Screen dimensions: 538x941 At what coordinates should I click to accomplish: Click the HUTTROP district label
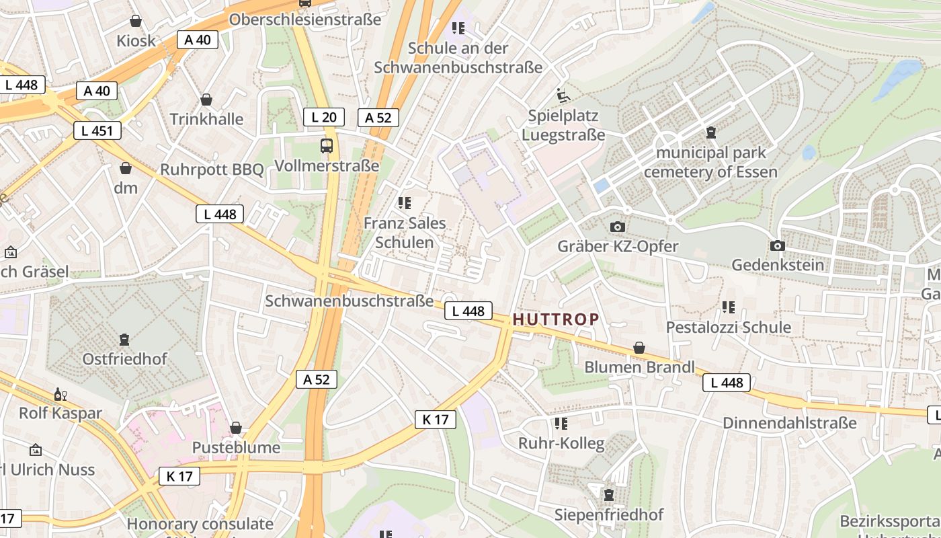[x=555, y=319]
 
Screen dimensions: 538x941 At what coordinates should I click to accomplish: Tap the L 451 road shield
[x=97, y=130]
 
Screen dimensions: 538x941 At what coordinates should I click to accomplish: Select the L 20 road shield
[x=323, y=117]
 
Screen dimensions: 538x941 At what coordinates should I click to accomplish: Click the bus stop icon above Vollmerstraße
[x=327, y=145]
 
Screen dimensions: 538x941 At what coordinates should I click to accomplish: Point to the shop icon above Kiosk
[x=136, y=21]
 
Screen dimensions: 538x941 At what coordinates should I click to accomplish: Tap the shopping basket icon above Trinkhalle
[x=206, y=100]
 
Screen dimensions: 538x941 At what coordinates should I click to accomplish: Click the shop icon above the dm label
[x=125, y=168]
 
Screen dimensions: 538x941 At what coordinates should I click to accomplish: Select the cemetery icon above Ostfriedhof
[x=124, y=339]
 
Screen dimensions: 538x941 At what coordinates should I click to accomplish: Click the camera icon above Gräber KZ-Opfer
[x=618, y=227]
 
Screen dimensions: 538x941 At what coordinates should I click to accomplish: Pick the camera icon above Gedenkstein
[x=778, y=245]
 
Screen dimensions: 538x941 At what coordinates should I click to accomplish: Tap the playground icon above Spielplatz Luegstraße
[x=563, y=96]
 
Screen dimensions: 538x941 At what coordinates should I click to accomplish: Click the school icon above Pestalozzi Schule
[x=728, y=307]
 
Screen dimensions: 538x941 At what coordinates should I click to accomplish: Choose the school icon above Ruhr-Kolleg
[x=561, y=424]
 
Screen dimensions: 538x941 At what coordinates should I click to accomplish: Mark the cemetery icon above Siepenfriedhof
[x=609, y=495]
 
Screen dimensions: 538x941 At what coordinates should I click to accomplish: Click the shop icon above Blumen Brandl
[x=639, y=348]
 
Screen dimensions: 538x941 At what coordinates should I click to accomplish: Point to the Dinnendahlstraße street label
[x=789, y=423]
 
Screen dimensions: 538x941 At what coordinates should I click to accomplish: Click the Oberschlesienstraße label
[x=305, y=20]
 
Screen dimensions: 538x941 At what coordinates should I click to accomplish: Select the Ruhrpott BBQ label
[x=212, y=169]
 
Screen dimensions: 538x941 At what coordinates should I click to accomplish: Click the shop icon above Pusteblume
[x=236, y=428]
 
